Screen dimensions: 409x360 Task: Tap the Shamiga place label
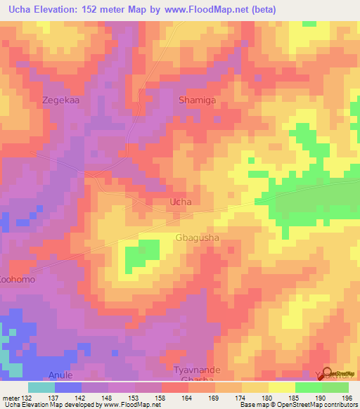pyautogui.click(x=197, y=100)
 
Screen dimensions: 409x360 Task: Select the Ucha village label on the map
pyautogui.click(x=181, y=202)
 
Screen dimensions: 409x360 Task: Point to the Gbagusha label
pyautogui.click(x=197, y=238)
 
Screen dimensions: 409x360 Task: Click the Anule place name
pyautogui.click(x=60, y=375)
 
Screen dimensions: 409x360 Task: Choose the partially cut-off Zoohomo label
pyautogui.click(x=17, y=279)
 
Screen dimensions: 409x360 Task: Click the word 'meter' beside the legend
pyautogui.click(x=9, y=398)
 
